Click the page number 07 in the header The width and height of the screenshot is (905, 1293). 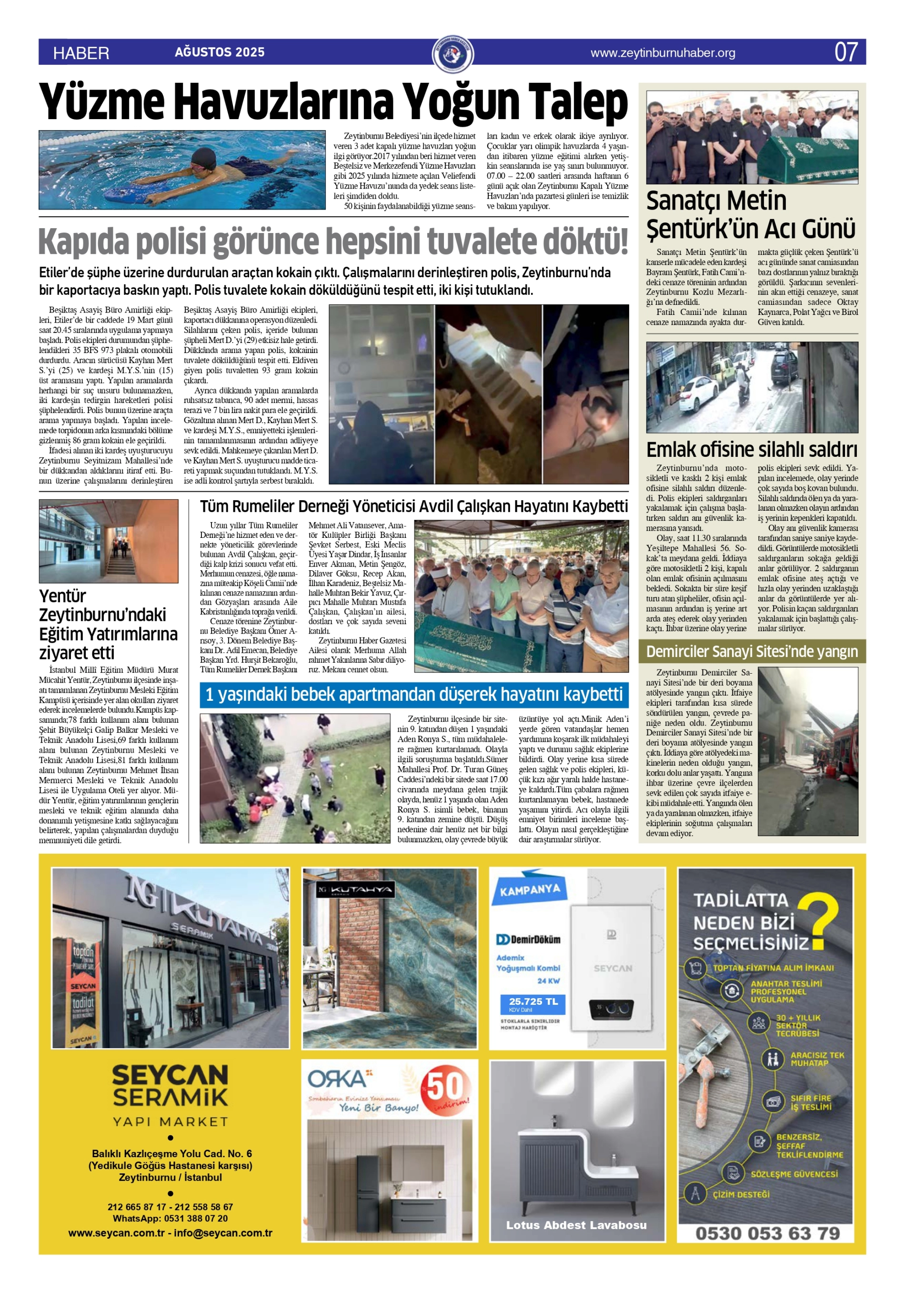[845, 52]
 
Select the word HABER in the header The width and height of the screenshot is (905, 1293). [81, 53]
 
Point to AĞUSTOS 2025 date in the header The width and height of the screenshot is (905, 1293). [220, 52]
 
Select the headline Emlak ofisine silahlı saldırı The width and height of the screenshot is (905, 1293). [751, 449]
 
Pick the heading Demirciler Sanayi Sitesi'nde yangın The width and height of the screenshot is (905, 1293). [751, 652]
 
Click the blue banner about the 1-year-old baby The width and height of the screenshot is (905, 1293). [414, 694]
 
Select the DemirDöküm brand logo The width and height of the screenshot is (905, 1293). [528, 939]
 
